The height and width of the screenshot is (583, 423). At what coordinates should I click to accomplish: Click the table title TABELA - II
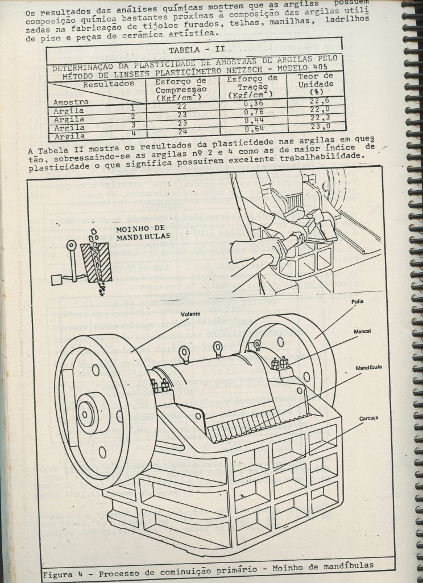[193, 49]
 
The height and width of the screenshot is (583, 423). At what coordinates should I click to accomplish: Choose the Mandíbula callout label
[368, 368]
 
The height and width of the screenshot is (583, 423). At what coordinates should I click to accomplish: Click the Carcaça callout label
[368, 418]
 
